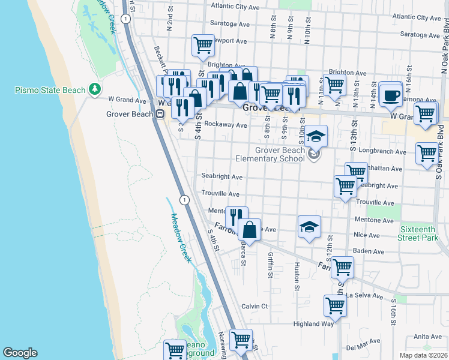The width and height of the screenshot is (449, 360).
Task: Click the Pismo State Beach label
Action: (x=50, y=90)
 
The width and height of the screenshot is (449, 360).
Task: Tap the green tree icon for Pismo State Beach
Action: (x=94, y=89)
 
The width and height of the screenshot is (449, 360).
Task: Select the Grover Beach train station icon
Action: (x=160, y=114)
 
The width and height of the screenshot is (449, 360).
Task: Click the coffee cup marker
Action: (x=391, y=95)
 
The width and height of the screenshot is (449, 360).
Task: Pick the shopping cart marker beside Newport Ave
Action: (x=203, y=45)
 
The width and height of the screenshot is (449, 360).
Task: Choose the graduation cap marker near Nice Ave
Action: (x=309, y=227)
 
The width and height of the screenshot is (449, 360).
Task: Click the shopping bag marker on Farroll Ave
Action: (x=249, y=229)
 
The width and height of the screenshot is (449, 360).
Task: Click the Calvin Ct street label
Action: (x=254, y=306)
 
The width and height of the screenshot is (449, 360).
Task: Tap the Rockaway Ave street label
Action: (x=226, y=125)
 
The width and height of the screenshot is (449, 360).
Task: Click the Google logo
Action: (x=20, y=353)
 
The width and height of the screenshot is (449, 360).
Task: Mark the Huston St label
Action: (x=297, y=275)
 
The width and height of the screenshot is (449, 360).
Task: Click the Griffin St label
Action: (x=270, y=265)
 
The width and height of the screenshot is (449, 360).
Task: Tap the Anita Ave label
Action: (x=427, y=336)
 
